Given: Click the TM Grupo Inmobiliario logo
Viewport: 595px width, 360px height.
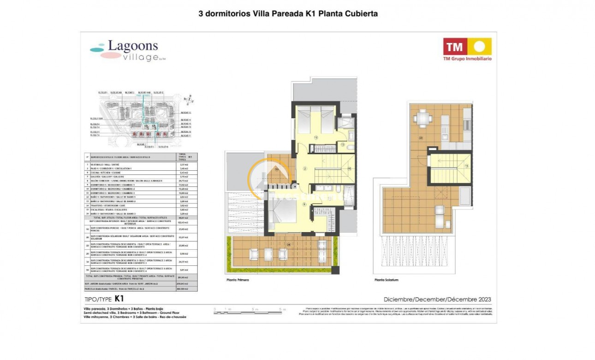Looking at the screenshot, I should coord(467,49).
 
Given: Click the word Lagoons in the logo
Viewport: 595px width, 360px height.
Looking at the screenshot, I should coord(133,46).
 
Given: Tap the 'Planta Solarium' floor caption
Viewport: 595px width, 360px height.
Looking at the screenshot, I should coord(386,280).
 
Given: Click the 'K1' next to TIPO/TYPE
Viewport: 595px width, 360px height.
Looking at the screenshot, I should coord(119,299).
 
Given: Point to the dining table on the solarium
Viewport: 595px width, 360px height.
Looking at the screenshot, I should coord(422,119).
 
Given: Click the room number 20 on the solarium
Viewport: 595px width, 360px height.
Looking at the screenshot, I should coord(421,138).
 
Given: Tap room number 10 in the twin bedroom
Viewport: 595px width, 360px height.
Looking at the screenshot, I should coord(316,137).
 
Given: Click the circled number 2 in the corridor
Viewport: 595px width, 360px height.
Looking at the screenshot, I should coord(305,168).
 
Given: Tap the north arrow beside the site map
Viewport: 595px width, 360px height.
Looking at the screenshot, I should coord(189,98).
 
